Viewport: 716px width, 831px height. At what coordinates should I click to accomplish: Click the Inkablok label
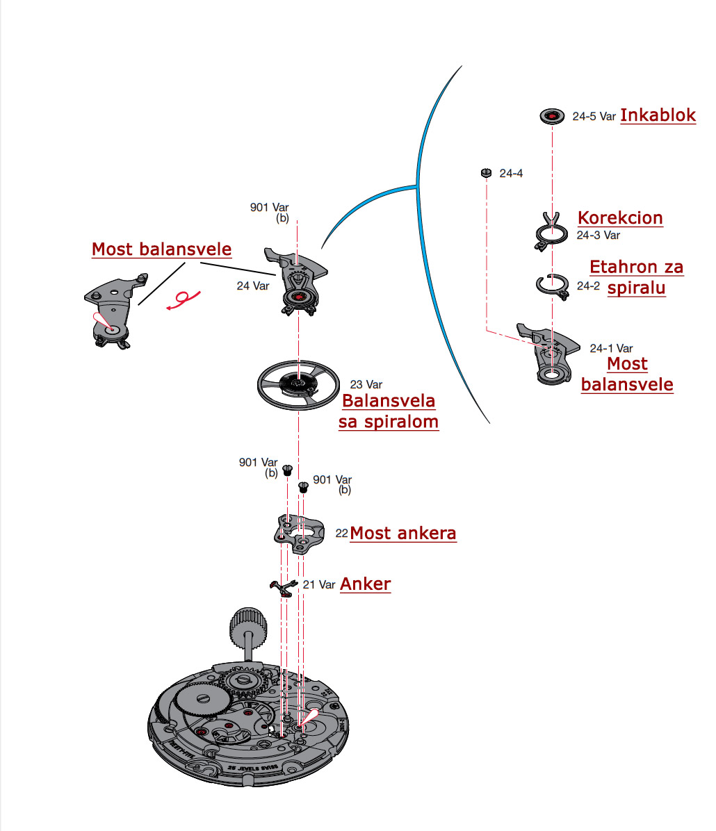658,115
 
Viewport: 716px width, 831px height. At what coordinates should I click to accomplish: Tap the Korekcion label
620,217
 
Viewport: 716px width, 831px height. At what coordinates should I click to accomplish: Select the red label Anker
365,584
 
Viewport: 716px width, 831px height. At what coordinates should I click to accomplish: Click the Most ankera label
403,534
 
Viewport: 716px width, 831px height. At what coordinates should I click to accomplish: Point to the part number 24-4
511,173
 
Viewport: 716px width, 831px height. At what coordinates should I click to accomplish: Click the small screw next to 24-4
486,172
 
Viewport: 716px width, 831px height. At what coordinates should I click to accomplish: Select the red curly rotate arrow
184,299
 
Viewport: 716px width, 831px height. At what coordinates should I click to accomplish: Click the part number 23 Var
366,384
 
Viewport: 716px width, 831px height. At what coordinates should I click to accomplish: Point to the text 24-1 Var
611,348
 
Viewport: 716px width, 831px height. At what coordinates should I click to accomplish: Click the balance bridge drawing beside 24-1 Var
549,353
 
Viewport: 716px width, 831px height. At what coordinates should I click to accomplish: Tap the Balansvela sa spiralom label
389,411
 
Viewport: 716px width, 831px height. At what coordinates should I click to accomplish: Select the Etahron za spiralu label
636,277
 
